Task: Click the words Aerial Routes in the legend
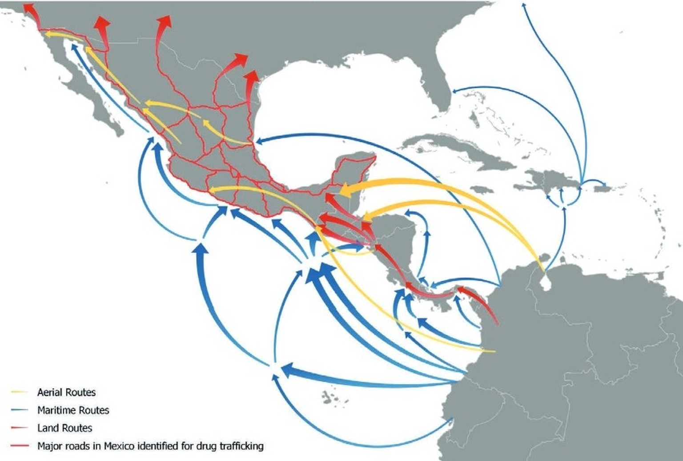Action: coord(66,392)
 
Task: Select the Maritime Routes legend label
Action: coord(73,410)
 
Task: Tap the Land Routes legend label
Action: coord(64,428)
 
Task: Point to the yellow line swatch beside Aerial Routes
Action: coord(20,392)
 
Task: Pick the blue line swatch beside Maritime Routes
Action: coord(20,410)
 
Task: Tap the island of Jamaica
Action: coord(482,190)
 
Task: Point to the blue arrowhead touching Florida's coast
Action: coord(454,91)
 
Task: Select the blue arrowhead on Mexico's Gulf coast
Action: coord(258,141)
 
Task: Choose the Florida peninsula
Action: coord(434,84)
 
